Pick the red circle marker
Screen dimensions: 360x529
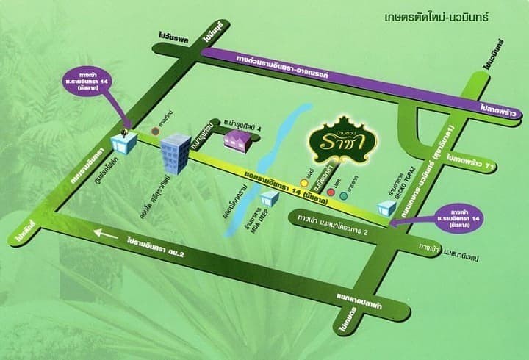[331, 194]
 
